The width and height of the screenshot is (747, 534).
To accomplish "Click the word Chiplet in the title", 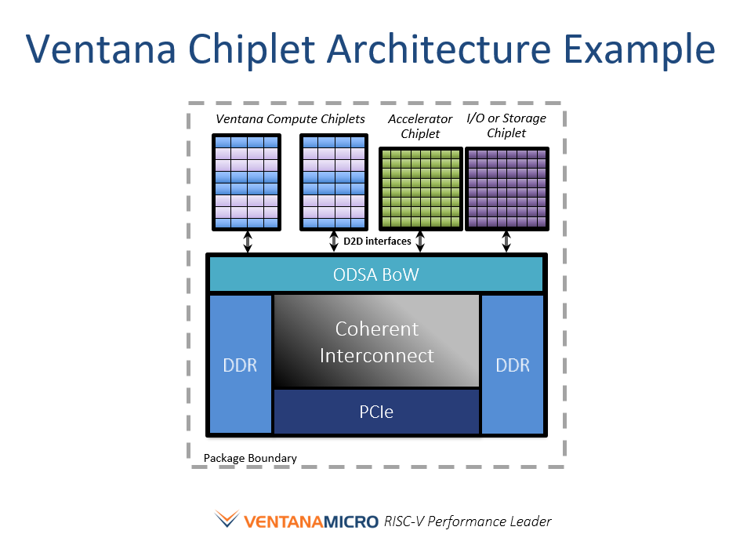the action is click(x=252, y=49).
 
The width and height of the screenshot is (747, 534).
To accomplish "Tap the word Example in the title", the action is click(x=640, y=49).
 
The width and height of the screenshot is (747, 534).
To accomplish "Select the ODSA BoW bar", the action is click(x=376, y=274).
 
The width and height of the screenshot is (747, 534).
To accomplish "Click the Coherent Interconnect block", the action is click(x=376, y=341).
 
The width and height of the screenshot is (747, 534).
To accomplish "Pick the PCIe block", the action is click(x=376, y=412).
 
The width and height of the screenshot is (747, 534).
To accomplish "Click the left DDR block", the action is click(x=241, y=365).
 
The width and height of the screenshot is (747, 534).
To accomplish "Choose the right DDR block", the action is click(x=513, y=365).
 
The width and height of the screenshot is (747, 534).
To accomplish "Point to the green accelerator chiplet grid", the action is click(x=421, y=189).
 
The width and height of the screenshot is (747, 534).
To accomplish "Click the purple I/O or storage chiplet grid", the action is click(x=507, y=189).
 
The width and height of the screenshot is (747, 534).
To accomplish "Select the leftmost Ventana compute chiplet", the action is click(x=246, y=182).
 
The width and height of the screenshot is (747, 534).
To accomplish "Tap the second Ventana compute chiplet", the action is click(x=334, y=182).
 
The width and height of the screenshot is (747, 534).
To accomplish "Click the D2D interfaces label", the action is click(x=377, y=242).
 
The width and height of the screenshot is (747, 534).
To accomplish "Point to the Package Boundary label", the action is click(x=250, y=458).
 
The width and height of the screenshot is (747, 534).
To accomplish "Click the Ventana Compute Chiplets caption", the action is click(x=290, y=118).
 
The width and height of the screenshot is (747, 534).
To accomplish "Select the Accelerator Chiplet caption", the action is click(x=420, y=126).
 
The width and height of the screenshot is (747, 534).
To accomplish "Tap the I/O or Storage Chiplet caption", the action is click(x=506, y=125).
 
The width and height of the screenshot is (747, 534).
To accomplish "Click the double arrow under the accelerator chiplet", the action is click(x=420, y=242).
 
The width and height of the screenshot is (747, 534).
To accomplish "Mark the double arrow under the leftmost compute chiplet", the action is click(x=247, y=242).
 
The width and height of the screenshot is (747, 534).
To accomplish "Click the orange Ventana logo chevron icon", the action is click(x=227, y=518).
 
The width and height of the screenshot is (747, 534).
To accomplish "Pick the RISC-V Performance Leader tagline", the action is click(x=467, y=521).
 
